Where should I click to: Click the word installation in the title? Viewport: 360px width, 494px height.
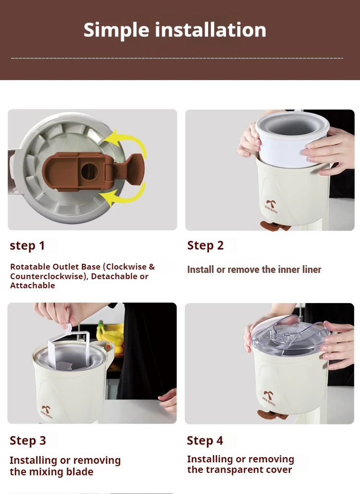coord(210,30)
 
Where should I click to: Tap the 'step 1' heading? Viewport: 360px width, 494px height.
coord(27,246)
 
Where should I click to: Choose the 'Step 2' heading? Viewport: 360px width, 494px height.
coord(205,246)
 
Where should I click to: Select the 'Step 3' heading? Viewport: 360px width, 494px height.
coord(28,440)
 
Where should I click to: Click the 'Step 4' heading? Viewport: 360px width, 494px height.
coord(205,440)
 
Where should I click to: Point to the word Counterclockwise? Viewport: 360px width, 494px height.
coord(47,276)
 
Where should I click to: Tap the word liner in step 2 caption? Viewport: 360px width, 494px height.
coord(311,270)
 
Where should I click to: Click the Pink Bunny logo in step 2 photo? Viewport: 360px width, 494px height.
coord(271,206)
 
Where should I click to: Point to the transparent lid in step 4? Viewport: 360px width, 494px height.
coord(290,335)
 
